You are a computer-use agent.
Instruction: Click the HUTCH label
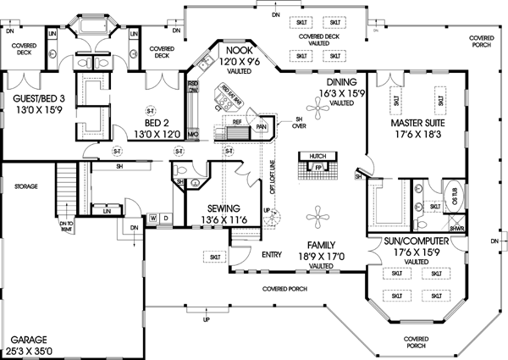[317, 157]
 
